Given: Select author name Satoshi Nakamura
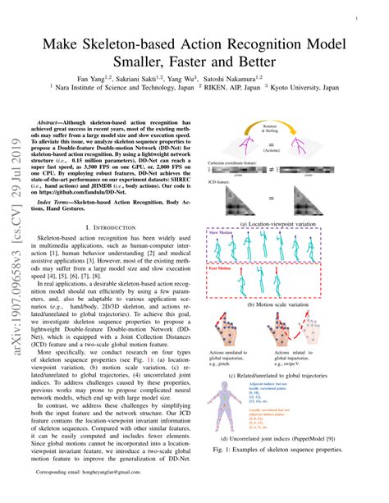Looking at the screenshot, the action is click(257, 74).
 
